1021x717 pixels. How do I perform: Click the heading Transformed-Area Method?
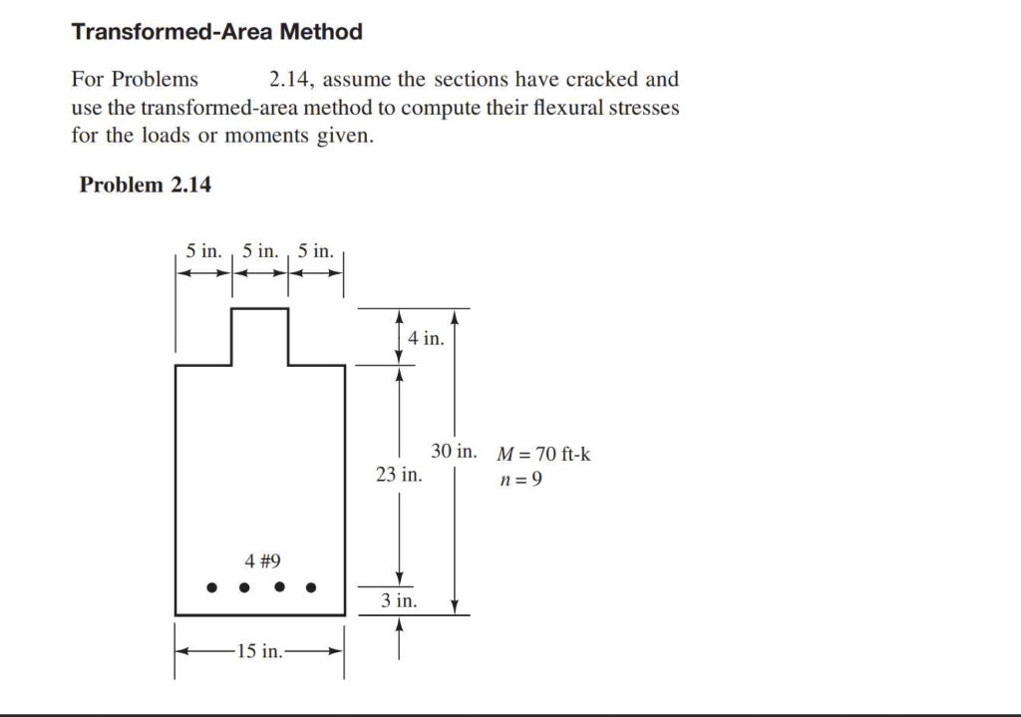tap(216, 32)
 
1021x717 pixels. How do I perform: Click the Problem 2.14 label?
tap(145, 184)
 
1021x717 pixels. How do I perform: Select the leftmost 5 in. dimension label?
tap(204, 250)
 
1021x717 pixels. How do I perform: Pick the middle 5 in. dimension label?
tap(260, 250)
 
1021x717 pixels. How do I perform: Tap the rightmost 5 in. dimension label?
tap(316, 250)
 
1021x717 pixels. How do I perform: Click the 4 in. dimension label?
tap(426, 338)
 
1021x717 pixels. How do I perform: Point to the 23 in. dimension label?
tap(399, 475)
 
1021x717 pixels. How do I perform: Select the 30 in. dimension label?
tap(454, 451)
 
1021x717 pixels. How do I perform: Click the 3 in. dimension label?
tap(399, 601)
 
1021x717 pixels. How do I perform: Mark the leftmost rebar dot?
tap(211, 587)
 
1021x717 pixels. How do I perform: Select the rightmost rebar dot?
tap(311, 587)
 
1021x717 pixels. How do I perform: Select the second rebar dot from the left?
tap(244, 587)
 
